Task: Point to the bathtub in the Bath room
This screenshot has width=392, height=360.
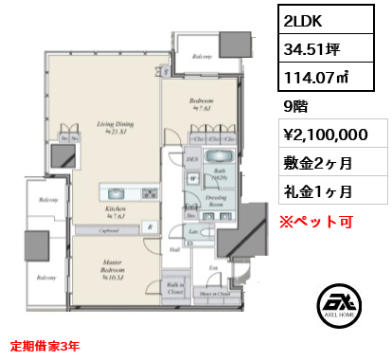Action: (x=221, y=157)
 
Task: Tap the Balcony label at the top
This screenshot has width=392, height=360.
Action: (x=201, y=57)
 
